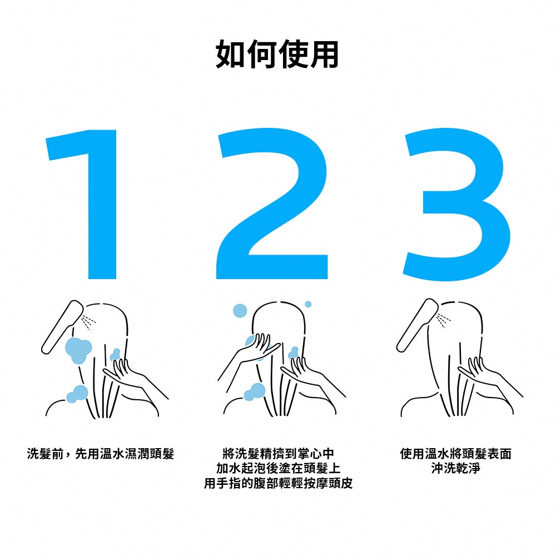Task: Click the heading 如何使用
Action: pyautogui.click(x=277, y=54)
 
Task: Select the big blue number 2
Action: pyautogui.click(x=272, y=203)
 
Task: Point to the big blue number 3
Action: pyautogui.click(x=456, y=204)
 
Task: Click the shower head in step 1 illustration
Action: pyautogui.click(x=62, y=327)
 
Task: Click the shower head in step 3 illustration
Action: pyautogui.click(x=417, y=325)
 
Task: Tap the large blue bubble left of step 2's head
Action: pyautogui.click(x=240, y=311)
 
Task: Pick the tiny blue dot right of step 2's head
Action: pyautogui.click(x=308, y=304)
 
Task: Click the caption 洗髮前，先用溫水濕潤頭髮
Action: pyautogui.click(x=101, y=454)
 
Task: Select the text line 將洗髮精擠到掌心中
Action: pyautogui.click(x=278, y=454)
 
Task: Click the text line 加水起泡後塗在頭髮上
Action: pyautogui.click(x=278, y=468)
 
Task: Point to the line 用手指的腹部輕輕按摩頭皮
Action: pyautogui.click(x=278, y=483)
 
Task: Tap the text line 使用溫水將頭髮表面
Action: pyautogui.click(x=456, y=454)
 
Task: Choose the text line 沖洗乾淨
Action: pyautogui.click(x=456, y=468)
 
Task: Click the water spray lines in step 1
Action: pyautogui.click(x=88, y=321)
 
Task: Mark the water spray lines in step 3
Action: pyautogui.click(x=443, y=320)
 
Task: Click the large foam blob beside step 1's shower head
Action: pyautogui.click(x=78, y=350)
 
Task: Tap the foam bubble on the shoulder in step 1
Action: pyautogui.click(x=77, y=394)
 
